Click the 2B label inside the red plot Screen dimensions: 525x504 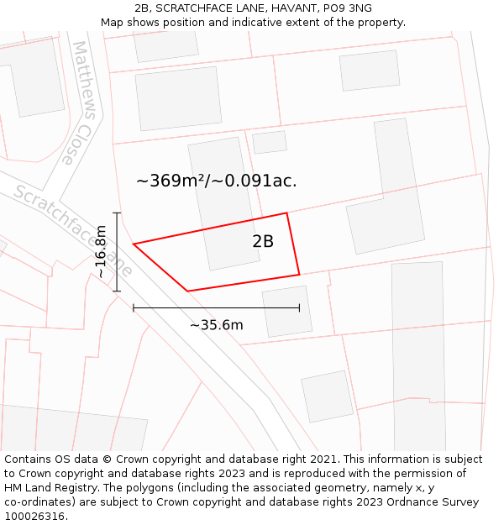pyautogui.click(x=263, y=242)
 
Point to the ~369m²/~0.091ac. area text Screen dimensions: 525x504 pyautogui.click(x=216, y=181)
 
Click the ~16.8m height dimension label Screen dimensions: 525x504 pyautogui.click(x=101, y=251)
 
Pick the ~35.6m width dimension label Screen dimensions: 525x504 pyautogui.click(x=216, y=325)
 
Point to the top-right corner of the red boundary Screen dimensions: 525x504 pyautogui.click(x=287, y=213)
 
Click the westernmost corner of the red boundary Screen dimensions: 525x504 pyautogui.click(x=134, y=244)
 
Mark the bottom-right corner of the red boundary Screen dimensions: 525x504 pyautogui.click(x=299, y=275)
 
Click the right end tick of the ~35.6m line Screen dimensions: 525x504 pyautogui.click(x=299, y=308)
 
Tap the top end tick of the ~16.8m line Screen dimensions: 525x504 pyautogui.click(x=117, y=213)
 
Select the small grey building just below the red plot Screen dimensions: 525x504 pyautogui.click(x=286, y=312)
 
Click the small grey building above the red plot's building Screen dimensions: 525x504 pyautogui.click(x=270, y=142)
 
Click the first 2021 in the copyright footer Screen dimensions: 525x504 pyautogui.click(x=323, y=459)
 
